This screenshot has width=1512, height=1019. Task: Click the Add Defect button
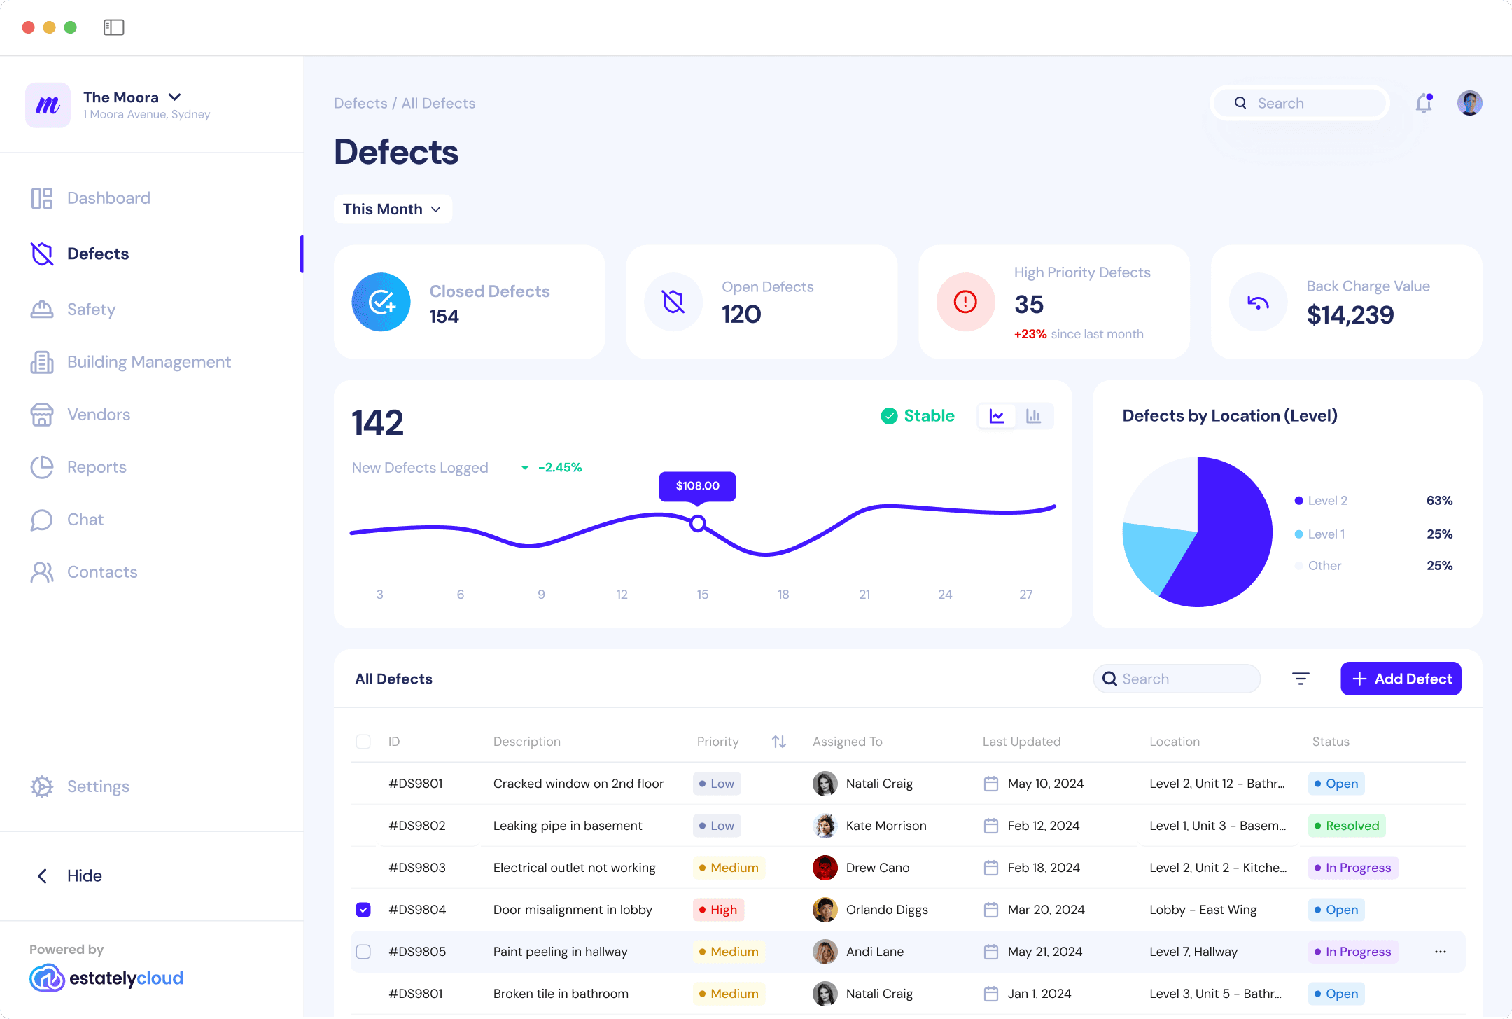1401,679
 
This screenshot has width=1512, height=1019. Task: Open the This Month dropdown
392,209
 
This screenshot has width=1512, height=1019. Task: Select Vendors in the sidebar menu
98,415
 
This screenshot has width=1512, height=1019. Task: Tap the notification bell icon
1424,104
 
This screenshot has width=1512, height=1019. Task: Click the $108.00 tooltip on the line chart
697,486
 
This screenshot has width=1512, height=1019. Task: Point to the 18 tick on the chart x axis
783,595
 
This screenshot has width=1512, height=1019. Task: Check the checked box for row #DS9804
363,910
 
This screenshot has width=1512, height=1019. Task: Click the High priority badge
718,910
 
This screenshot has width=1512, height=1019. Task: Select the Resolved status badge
1347,826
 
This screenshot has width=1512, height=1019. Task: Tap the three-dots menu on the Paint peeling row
1441,952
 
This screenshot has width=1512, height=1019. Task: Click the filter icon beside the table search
1301,679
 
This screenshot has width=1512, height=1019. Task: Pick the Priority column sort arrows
779,742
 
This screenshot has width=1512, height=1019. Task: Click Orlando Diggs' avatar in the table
825,910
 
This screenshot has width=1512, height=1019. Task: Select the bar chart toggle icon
1033,416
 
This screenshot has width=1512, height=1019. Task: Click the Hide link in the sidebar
84,876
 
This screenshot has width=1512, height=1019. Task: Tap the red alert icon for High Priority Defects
965,302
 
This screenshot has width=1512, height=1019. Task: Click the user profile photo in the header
1469,104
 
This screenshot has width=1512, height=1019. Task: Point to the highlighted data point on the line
697,523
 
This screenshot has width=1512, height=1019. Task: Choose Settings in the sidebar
98,786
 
